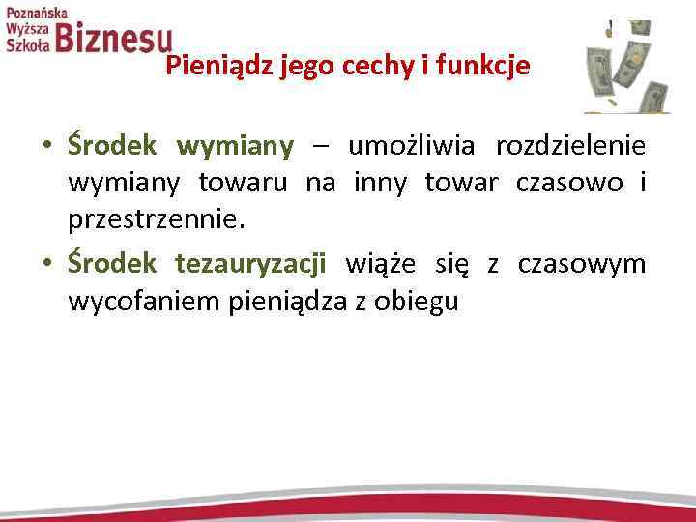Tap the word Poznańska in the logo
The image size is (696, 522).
pyautogui.click(x=37, y=14)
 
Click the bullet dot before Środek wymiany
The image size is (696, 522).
pyautogui.click(x=45, y=148)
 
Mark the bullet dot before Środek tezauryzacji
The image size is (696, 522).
pyautogui.click(x=45, y=264)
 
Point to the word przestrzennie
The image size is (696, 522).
pyautogui.click(x=155, y=221)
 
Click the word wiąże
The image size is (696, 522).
pyautogui.click(x=376, y=262)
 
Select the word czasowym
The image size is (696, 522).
pyautogui.click(x=582, y=262)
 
